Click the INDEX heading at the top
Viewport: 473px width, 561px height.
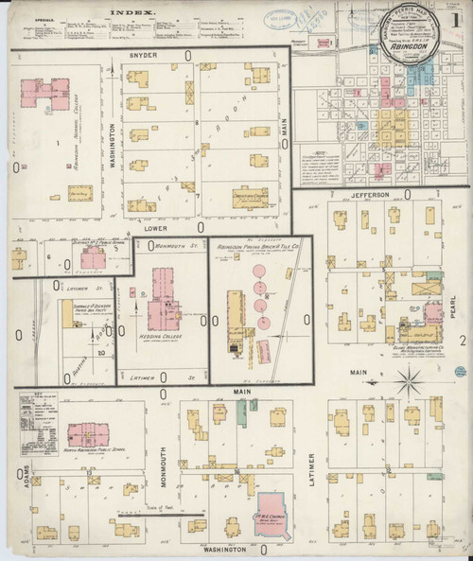coord(134,12)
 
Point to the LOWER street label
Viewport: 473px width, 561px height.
coord(150,227)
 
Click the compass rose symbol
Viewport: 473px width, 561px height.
coord(411,382)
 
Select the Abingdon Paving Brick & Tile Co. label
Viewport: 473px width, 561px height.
coord(257,245)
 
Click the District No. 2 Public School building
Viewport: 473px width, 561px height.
coord(68,259)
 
